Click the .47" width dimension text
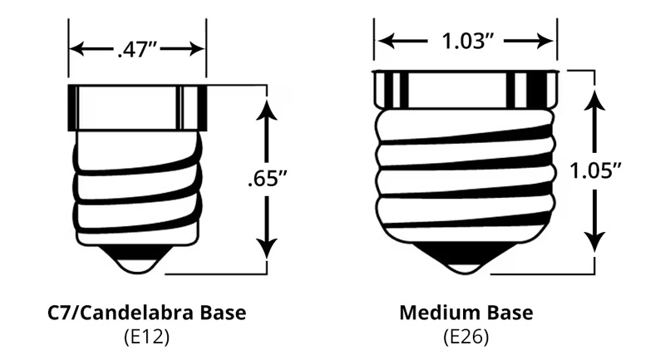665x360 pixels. (x=137, y=49)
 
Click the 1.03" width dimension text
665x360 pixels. (x=465, y=38)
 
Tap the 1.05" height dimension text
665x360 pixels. (x=595, y=170)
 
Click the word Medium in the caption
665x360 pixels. (x=439, y=313)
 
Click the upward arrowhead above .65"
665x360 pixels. (x=267, y=107)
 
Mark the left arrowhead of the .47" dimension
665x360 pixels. (x=76, y=49)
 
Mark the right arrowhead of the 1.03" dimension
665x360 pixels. (x=548, y=39)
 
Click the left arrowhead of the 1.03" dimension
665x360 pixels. (x=382, y=39)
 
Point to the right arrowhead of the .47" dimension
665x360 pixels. (x=198, y=49)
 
